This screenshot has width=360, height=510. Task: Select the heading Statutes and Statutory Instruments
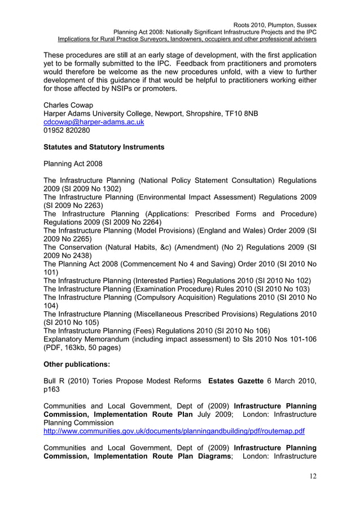[x=104, y=147]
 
